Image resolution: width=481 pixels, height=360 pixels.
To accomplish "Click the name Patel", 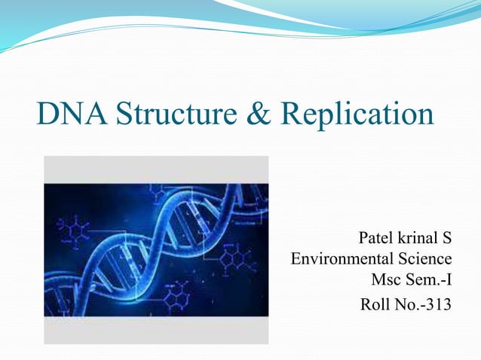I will [x=376, y=239].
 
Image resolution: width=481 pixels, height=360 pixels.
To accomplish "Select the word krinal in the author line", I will [x=417, y=239].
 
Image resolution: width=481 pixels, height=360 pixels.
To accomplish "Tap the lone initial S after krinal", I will [x=446, y=239].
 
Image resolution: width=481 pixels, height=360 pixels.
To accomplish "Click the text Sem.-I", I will [x=430, y=282].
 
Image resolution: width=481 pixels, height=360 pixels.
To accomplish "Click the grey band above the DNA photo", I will [x=156, y=169].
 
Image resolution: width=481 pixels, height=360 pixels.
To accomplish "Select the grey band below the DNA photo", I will [x=156, y=330].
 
